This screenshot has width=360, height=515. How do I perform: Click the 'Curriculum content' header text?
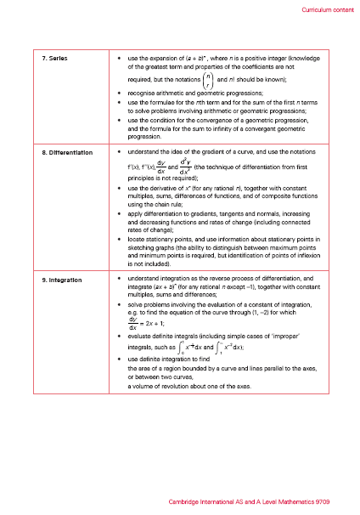327,9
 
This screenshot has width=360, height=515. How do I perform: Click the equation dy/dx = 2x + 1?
144,324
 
